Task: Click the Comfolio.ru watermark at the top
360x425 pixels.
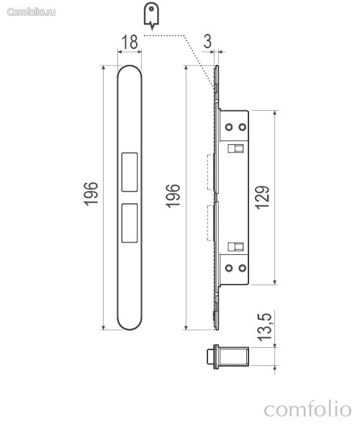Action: click(x=32, y=12)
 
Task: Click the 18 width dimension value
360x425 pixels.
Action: click(x=130, y=42)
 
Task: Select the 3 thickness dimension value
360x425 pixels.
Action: click(x=207, y=41)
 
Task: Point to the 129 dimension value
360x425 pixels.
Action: click(x=262, y=197)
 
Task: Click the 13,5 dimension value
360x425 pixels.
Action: click(x=264, y=327)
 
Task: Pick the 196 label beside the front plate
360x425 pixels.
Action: click(x=91, y=194)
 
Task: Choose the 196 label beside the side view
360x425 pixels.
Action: click(x=173, y=196)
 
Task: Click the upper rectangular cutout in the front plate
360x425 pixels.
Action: click(x=130, y=172)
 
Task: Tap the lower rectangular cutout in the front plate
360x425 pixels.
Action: click(x=130, y=223)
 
